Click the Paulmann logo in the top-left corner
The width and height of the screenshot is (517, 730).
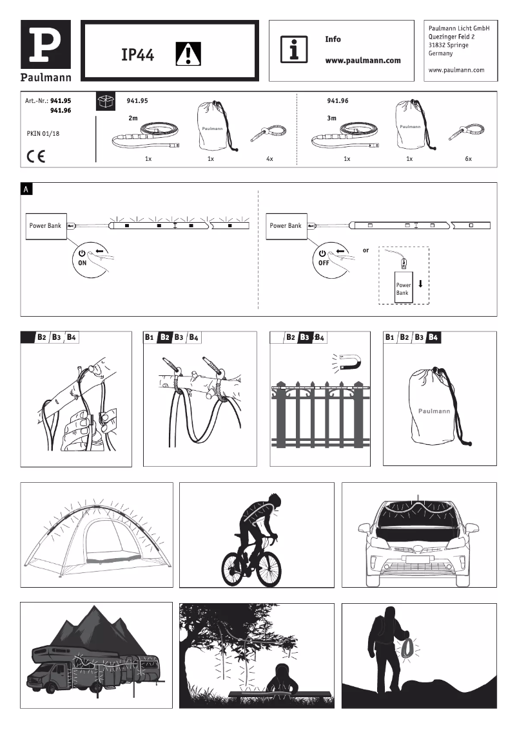(46, 51)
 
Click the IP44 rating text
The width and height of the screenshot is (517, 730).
(137, 55)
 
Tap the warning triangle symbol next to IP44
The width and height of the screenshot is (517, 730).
(188, 54)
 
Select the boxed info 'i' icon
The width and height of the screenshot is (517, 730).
(294, 50)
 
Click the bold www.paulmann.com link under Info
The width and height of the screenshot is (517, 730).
(363, 61)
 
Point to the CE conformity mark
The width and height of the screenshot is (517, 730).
(36, 156)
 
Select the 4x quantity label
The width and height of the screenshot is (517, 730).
(269, 158)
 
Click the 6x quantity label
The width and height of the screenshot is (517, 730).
(468, 158)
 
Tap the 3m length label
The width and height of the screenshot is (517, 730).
(332, 118)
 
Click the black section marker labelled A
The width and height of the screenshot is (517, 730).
(26, 189)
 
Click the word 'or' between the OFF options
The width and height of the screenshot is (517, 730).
(366, 250)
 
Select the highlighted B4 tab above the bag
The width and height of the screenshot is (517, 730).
(433, 337)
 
